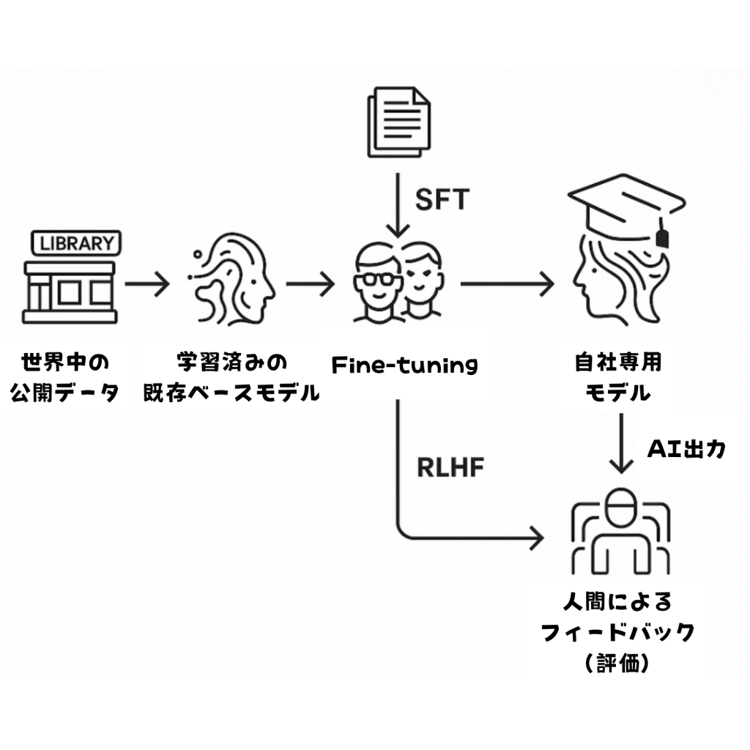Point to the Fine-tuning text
[x=404, y=364]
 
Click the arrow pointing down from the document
[x=398, y=205]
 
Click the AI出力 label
[x=686, y=449]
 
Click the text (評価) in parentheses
[x=617, y=664]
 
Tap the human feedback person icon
[x=620, y=531]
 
